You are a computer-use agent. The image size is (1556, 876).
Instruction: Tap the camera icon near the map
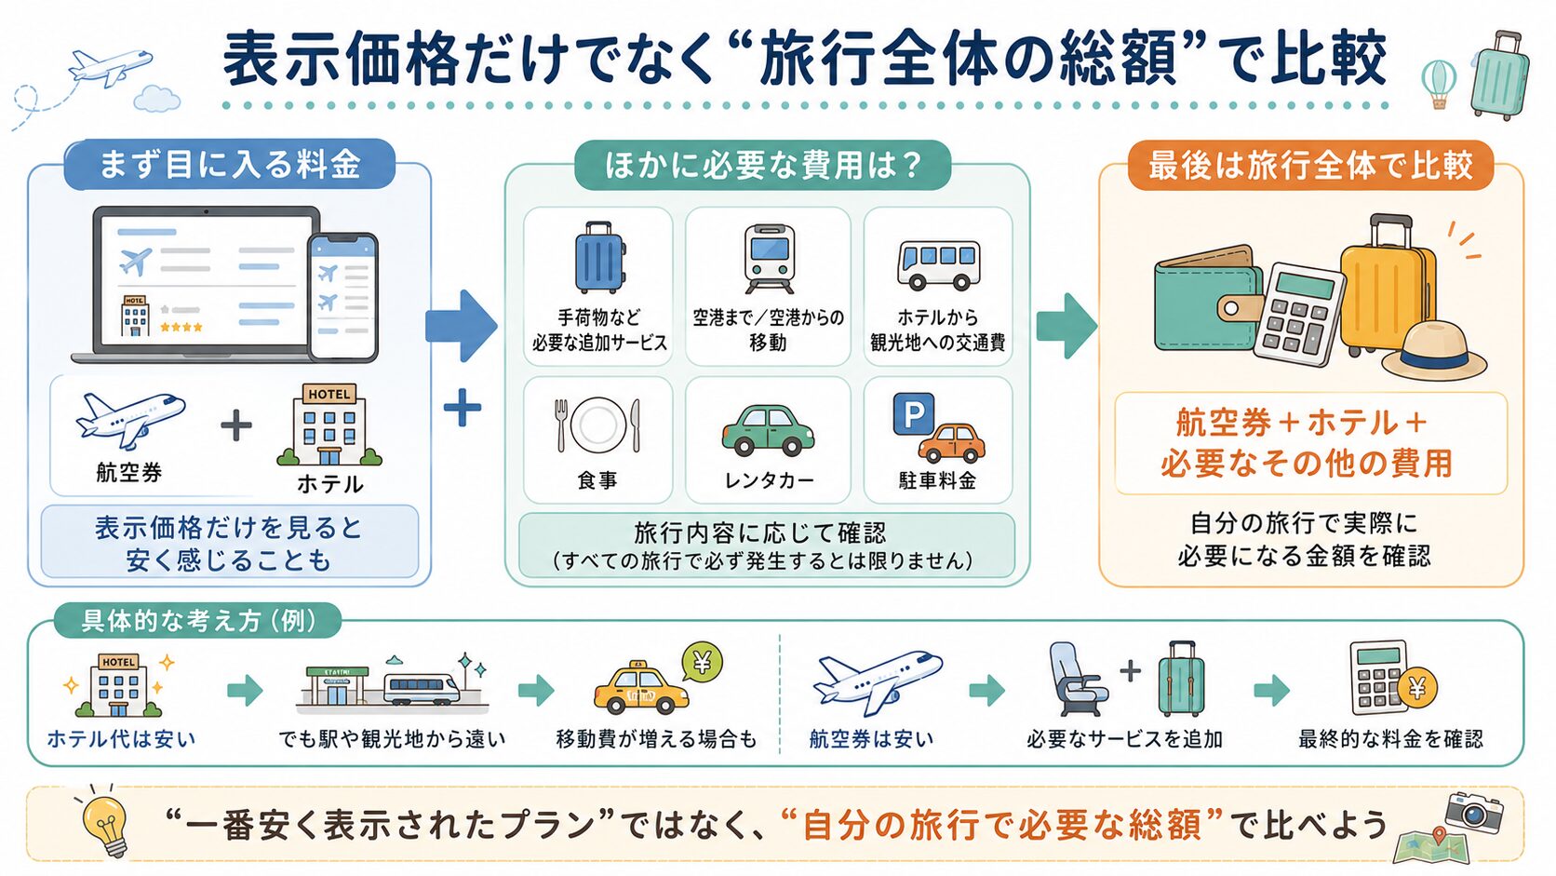pyautogui.click(x=1474, y=812)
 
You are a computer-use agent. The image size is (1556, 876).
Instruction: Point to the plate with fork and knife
pyautogui.click(x=598, y=425)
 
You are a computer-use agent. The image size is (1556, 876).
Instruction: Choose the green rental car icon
pyautogui.click(x=768, y=431)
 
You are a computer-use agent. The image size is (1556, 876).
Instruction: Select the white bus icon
pyautogui.click(x=938, y=264)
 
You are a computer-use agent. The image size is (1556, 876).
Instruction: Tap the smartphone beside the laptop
pyautogui.click(x=343, y=297)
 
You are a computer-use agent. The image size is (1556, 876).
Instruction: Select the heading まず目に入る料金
pyautogui.click(x=229, y=165)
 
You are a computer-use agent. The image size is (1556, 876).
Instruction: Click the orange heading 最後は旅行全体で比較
pyautogui.click(x=1310, y=166)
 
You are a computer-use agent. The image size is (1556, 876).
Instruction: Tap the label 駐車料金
pyautogui.click(x=938, y=480)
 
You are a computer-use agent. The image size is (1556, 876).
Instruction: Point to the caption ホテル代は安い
pyautogui.click(x=122, y=738)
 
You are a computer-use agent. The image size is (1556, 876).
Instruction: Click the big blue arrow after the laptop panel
pyautogui.click(x=462, y=326)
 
